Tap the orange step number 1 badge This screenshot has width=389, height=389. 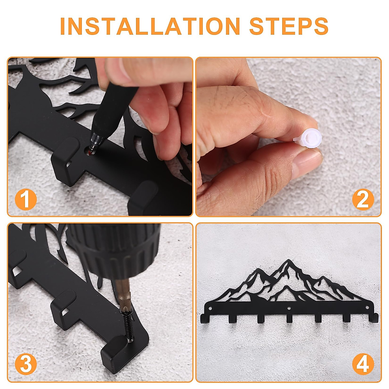pos(26,199)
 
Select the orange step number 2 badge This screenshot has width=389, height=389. pos(363,199)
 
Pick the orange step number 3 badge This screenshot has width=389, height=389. pos(26,364)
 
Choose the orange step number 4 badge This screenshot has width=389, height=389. pos(363,364)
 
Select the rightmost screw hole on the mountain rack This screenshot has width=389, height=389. pos(368,308)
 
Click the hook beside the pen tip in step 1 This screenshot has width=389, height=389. pos(66,159)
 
